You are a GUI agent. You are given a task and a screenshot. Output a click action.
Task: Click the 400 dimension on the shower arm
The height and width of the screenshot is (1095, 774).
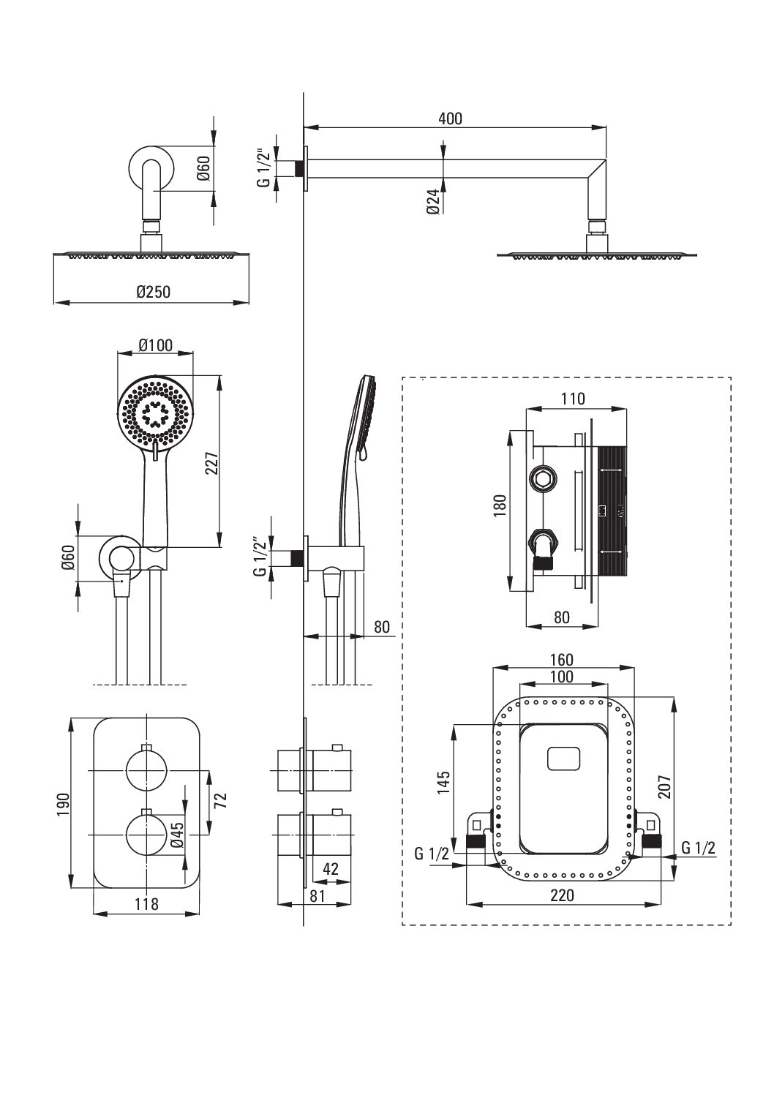coord(450,118)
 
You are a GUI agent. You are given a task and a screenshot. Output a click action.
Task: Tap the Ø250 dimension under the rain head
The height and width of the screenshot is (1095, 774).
coord(154,292)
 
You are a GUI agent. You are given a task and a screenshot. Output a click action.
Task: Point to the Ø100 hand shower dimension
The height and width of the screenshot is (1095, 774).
coord(156,345)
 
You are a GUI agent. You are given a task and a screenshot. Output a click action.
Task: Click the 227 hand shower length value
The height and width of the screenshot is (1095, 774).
coord(211,462)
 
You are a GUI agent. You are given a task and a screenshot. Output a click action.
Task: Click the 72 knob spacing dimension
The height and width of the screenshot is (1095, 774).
coord(221,800)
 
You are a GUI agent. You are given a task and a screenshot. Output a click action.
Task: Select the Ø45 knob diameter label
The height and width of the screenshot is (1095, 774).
coord(178,835)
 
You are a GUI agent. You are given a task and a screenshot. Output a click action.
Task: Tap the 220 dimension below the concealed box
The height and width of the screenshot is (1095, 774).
coord(562,895)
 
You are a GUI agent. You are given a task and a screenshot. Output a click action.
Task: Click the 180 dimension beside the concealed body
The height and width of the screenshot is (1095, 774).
coord(500,506)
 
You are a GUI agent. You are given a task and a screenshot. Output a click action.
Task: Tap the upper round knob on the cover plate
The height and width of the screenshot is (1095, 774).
coord(147,770)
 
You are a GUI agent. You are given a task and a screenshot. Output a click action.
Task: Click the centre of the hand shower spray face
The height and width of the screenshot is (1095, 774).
coord(156,414)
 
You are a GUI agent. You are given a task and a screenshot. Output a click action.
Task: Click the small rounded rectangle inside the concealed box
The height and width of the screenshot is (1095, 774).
coord(564,759)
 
